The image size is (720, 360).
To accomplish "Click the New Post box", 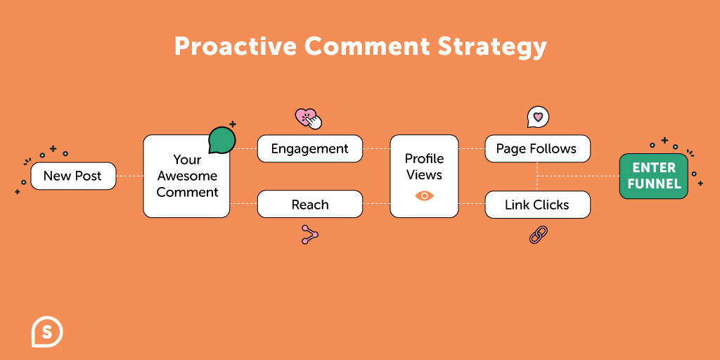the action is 73,176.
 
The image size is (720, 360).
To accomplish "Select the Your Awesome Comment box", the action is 186,176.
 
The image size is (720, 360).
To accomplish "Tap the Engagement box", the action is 310,149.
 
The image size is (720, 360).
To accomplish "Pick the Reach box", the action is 310,204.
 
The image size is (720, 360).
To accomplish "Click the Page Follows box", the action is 538,149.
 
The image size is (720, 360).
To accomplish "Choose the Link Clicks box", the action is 538,205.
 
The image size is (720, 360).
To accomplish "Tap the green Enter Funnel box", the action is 653,176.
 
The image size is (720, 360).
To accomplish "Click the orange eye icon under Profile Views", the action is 424,196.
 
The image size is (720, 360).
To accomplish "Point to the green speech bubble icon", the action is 221,140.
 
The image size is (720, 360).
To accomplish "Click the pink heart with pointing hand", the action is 308,118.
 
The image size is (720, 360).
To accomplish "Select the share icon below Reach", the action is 309,235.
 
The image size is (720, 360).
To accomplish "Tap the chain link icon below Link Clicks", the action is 538,235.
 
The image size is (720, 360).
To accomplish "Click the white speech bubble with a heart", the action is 538,117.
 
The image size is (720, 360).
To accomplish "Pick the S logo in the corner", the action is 47,332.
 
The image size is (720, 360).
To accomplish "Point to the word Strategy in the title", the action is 491,48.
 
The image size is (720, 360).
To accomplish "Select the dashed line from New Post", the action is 130,176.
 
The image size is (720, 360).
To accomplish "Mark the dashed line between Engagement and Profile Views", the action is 377,149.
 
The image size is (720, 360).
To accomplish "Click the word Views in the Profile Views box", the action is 424,174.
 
